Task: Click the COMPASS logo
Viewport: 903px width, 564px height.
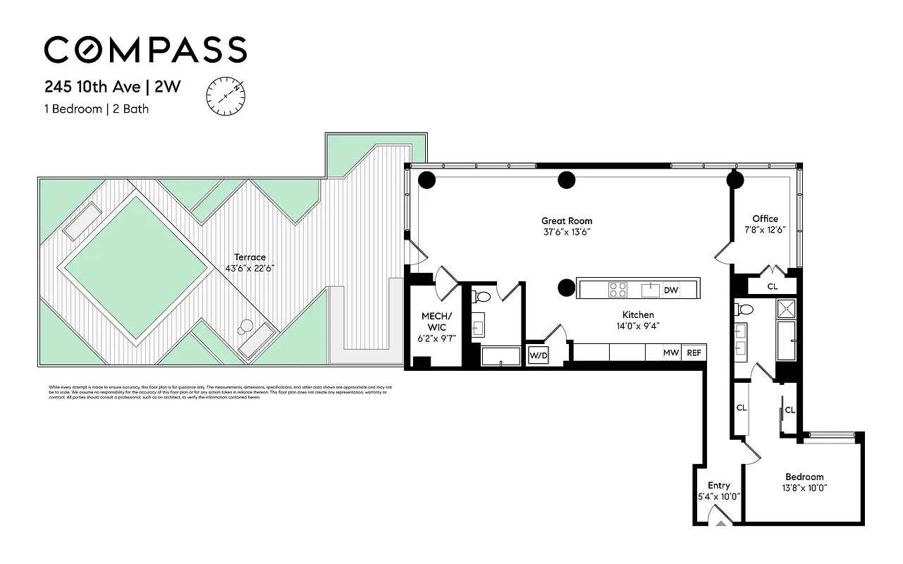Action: (x=145, y=50)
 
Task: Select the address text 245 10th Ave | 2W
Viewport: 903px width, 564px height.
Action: (x=113, y=87)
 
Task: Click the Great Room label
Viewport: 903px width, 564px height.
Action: (x=567, y=221)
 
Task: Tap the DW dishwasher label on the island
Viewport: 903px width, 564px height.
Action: (x=671, y=290)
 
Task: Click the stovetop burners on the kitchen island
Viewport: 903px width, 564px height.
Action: (x=618, y=289)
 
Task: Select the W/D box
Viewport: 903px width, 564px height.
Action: (x=539, y=356)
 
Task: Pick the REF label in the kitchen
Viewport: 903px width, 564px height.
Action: (x=694, y=352)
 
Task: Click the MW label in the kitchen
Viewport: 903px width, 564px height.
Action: (x=670, y=352)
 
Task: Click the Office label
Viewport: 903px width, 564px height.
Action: (x=765, y=219)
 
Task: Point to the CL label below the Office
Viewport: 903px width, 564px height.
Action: (x=773, y=286)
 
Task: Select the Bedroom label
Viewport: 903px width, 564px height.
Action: (x=804, y=477)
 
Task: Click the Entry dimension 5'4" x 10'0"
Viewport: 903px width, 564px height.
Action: (x=719, y=496)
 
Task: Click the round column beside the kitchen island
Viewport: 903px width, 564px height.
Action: (x=566, y=288)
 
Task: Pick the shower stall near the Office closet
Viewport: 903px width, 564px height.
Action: (x=786, y=308)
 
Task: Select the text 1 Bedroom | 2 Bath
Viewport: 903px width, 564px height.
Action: (x=97, y=109)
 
